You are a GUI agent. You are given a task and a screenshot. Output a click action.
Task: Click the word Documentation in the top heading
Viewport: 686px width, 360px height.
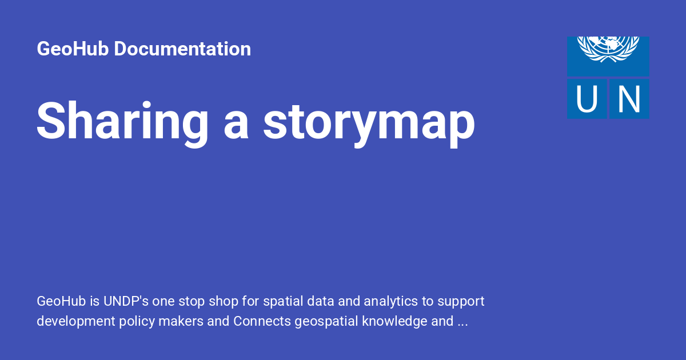coord(182,49)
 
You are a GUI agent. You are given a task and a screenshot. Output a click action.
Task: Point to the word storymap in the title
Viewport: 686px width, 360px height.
coord(369,122)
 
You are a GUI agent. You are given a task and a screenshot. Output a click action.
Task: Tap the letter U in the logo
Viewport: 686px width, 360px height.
coord(587,99)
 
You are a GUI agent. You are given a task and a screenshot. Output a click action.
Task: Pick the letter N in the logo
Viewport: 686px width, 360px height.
coord(628,99)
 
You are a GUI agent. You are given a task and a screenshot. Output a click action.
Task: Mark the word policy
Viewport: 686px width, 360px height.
coord(135,321)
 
